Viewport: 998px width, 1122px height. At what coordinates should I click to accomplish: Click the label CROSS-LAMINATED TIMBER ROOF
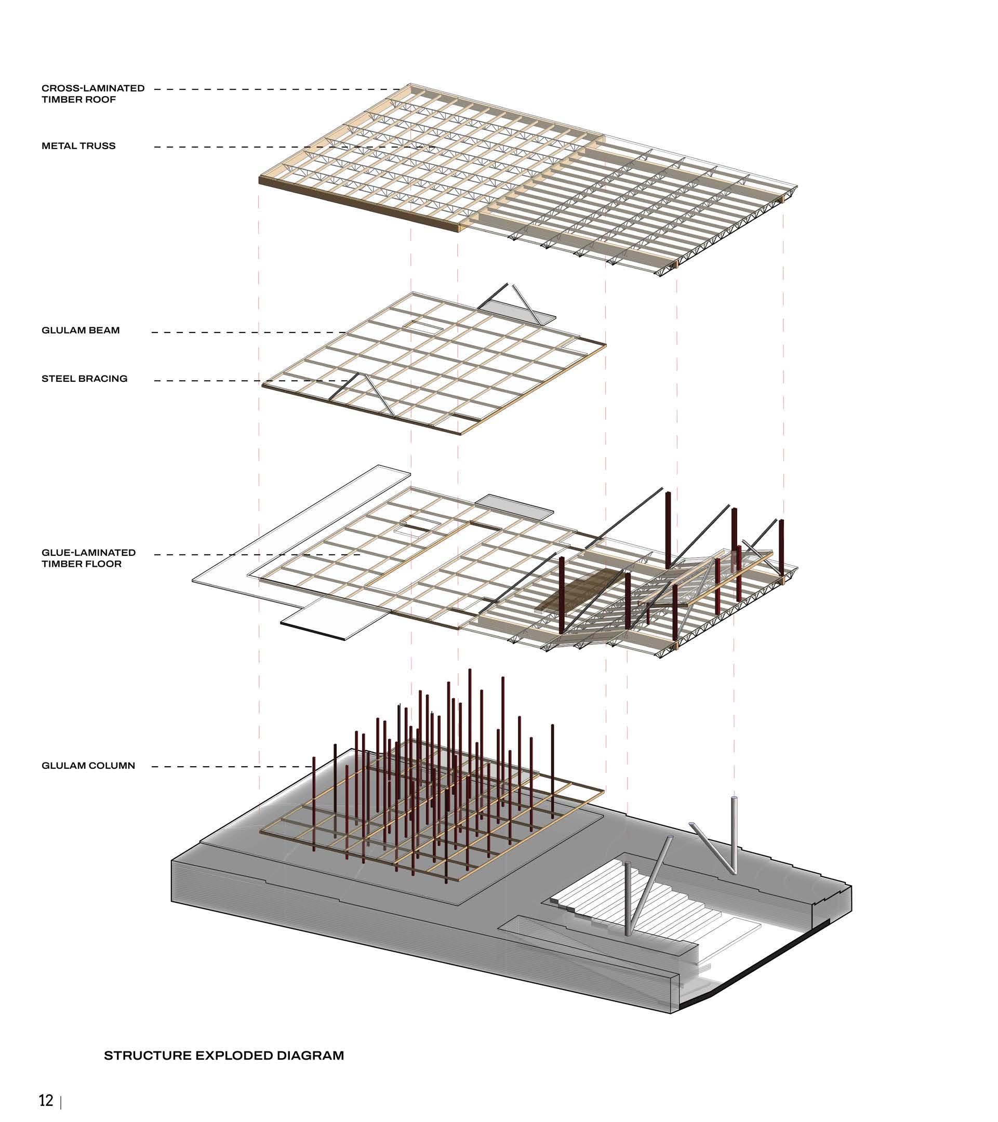point(93,94)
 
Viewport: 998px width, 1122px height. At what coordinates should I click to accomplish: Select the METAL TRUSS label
point(78,146)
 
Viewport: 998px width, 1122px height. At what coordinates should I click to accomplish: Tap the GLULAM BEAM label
point(80,330)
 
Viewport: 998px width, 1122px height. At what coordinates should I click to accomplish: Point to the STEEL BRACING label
point(84,379)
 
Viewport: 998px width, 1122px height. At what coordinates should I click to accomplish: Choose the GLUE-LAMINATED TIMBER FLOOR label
point(88,558)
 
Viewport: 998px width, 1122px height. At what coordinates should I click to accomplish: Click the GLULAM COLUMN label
point(88,766)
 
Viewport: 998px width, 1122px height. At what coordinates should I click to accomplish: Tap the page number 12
point(46,1100)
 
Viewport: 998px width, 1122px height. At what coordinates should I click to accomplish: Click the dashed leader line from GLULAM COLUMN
point(231,766)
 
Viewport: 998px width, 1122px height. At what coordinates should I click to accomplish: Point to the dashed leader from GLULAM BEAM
point(247,332)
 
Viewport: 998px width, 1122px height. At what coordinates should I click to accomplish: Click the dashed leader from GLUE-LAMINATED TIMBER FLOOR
point(258,554)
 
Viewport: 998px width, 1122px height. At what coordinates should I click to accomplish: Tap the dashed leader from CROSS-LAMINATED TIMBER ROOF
point(274,89)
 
